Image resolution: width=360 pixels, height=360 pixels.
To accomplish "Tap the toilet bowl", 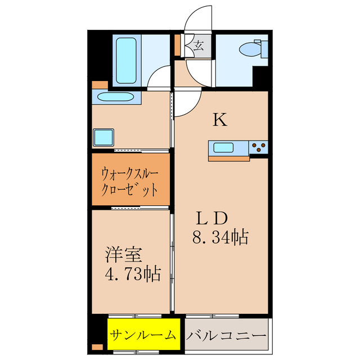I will pos(249,50).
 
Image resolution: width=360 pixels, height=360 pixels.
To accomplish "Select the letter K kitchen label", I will pos(219,120).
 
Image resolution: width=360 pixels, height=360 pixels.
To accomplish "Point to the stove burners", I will pos(259,148).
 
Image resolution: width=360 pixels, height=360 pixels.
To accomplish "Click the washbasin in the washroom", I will pos(115,97).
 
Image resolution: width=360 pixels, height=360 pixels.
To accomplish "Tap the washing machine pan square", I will pos(104,137).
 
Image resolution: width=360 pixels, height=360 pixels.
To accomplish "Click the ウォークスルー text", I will pos(130,173).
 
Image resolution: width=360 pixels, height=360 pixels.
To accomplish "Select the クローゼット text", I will pos(130,190).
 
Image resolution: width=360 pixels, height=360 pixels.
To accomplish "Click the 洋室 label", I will pos(121,254).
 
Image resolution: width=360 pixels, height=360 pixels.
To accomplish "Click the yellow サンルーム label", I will pos(143,335).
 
